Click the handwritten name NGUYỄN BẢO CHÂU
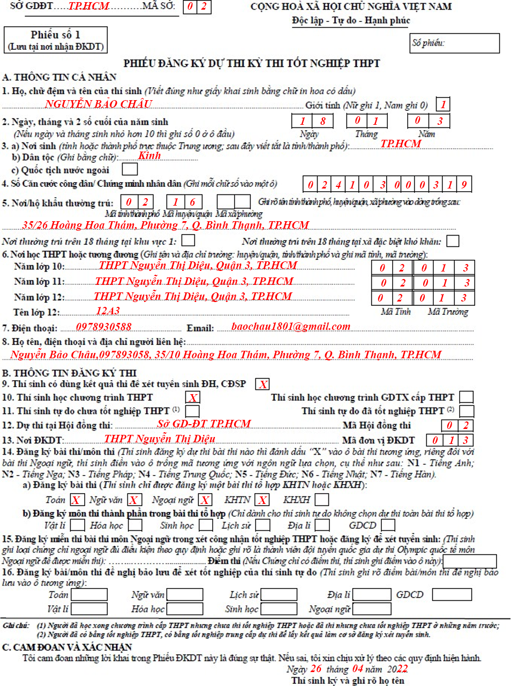coord(99,104)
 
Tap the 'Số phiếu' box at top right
coord(455,43)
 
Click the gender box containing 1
coord(443,104)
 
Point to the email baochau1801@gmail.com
coord(291,326)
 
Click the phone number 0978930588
coord(103,327)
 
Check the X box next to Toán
coord(76,500)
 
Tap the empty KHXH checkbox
coord(322,500)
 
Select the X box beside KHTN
coord(262,500)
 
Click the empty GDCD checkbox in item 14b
coord(388,525)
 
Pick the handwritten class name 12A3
coord(108,311)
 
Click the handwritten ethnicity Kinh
coord(149,156)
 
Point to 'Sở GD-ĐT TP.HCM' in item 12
coord(204,424)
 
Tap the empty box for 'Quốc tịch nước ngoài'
coord(130,169)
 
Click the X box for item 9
coord(263,384)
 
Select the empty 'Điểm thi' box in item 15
coord(470,561)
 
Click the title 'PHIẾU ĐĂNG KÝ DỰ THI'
coord(252,63)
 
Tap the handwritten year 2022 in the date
coord(397,669)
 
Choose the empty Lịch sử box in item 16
coord(279,594)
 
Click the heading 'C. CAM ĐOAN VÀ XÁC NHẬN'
coord(67,647)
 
